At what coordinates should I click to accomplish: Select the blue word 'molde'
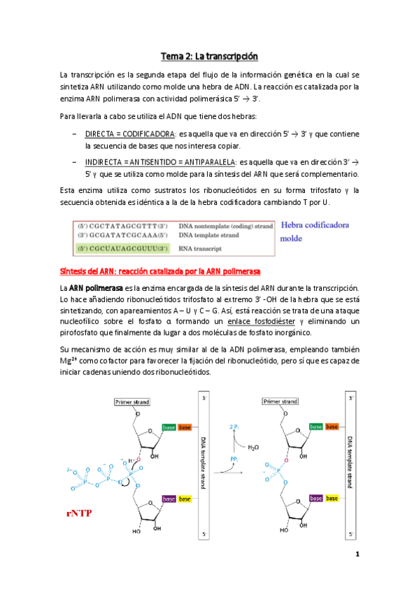(x=292, y=238)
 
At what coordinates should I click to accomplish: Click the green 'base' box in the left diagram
(x=169, y=427)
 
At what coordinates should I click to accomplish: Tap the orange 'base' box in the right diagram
(x=332, y=427)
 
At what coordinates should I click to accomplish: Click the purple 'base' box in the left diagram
(x=169, y=499)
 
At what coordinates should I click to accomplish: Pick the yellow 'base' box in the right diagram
(x=332, y=499)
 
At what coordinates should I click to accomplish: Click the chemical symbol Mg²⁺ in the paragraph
(x=69, y=362)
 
